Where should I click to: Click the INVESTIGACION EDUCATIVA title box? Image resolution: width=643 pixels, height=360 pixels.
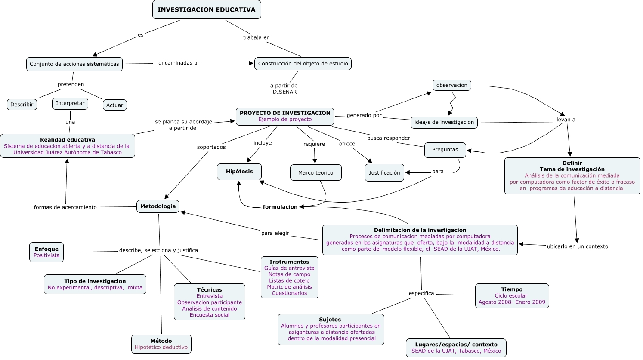(207, 9)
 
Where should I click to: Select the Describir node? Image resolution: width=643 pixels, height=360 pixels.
(22, 105)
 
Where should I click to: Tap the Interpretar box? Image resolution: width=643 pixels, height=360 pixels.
(70, 103)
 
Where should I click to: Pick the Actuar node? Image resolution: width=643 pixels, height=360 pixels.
(114, 105)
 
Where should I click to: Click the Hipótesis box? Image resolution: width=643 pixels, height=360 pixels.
(239, 172)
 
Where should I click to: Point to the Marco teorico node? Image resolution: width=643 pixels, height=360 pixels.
(315, 172)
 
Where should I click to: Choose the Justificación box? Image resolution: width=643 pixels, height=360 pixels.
(384, 172)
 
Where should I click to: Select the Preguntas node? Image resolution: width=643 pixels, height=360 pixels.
(445, 150)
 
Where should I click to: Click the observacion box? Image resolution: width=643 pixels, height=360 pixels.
(451, 85)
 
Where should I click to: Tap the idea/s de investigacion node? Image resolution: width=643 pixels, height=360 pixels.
(444, 122)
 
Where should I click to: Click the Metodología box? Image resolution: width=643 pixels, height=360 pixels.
(158, 206)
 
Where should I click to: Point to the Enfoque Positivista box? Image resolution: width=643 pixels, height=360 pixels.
(46, 252)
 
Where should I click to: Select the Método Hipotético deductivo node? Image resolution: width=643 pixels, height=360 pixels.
(161, 344)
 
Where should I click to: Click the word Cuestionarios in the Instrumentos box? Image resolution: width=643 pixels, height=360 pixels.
(289, 293)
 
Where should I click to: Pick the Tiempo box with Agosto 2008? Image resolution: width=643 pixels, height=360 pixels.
(512, 295)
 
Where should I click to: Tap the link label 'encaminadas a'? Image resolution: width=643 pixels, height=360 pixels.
(178, 63)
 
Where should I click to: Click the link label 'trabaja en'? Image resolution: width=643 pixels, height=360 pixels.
(256, 37)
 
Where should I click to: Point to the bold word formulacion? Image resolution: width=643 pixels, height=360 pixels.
(280, 207)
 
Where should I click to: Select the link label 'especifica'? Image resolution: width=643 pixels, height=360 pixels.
(421, 293)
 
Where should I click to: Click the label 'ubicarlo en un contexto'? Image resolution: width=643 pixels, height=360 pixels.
(577, 246)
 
